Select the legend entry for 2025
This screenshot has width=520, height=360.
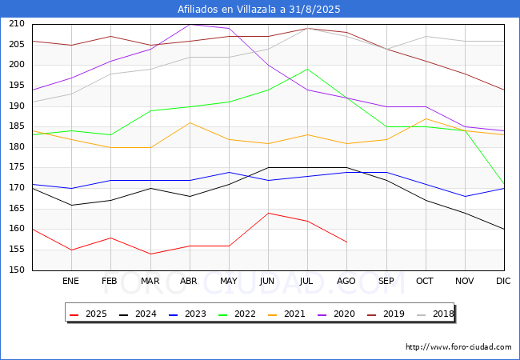[88, 314]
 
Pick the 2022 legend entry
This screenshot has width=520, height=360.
[237, 314]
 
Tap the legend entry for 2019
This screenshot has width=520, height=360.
[386, 314]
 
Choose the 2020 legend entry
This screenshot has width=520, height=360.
[336, 314]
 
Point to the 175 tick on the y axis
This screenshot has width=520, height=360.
[17, 166]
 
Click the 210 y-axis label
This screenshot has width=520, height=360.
[17, 23]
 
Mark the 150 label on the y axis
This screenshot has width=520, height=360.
[17, 270]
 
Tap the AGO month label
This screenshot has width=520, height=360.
[346, 281]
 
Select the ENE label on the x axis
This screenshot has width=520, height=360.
[70, 281]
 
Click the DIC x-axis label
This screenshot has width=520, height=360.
[503, 281]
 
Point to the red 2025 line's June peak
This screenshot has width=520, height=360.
[268, 213]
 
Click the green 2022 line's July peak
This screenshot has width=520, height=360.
[307, 70]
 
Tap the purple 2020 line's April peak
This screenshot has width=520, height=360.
[190, 25]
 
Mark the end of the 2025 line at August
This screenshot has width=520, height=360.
[347, 242]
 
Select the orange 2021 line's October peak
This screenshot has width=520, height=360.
[426, 118]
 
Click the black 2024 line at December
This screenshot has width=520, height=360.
[504, 230]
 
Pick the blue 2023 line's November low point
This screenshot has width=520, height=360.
[465, 197]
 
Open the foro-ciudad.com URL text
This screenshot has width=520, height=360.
[458, 347]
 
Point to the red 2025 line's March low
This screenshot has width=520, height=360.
[150, 254]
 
